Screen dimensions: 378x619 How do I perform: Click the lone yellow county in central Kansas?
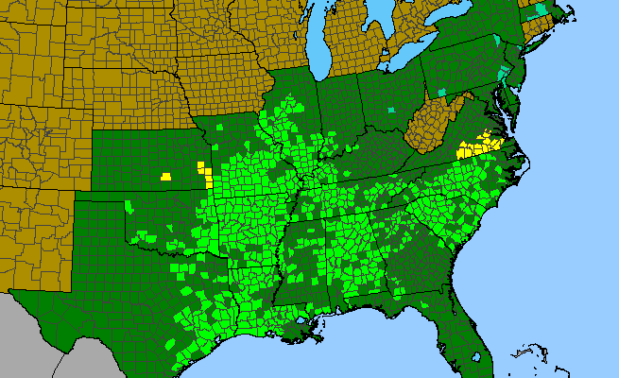coord(165,176)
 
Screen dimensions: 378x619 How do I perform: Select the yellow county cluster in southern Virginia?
coord(479,146)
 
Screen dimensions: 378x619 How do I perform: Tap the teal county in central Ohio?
coord(391,110)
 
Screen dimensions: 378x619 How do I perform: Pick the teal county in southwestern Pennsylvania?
coord(441,92)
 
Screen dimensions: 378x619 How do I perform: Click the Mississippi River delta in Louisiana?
coord(308,331)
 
